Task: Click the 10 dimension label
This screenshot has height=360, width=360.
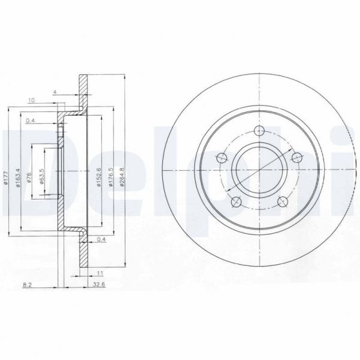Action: pyautogui.click(x=31, y=100)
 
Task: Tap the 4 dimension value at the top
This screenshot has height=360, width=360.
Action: pyautogui.click(x=54, y=92)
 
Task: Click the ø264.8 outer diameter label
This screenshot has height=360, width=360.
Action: pyautogui.click(x=122, y=177)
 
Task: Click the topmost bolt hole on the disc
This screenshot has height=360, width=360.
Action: pyautogui.click(x=259, y=132)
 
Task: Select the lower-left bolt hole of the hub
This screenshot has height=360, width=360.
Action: pyautogui.click(x=236, y=202)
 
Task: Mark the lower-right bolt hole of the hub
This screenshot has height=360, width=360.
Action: pyautogui.click(x=282, y=202)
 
